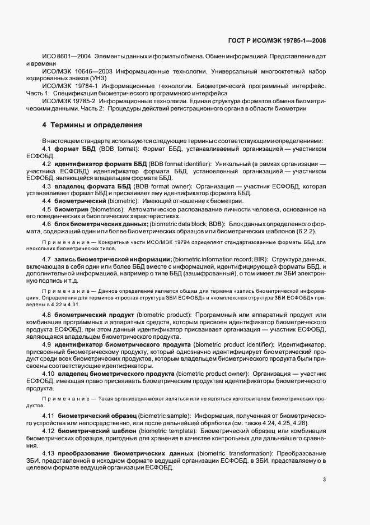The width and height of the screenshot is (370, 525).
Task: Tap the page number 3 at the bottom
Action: [325, 479]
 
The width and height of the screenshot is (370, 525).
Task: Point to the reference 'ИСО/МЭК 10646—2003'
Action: [74, 72]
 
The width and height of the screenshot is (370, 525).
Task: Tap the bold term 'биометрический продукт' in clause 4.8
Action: [95, 315]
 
